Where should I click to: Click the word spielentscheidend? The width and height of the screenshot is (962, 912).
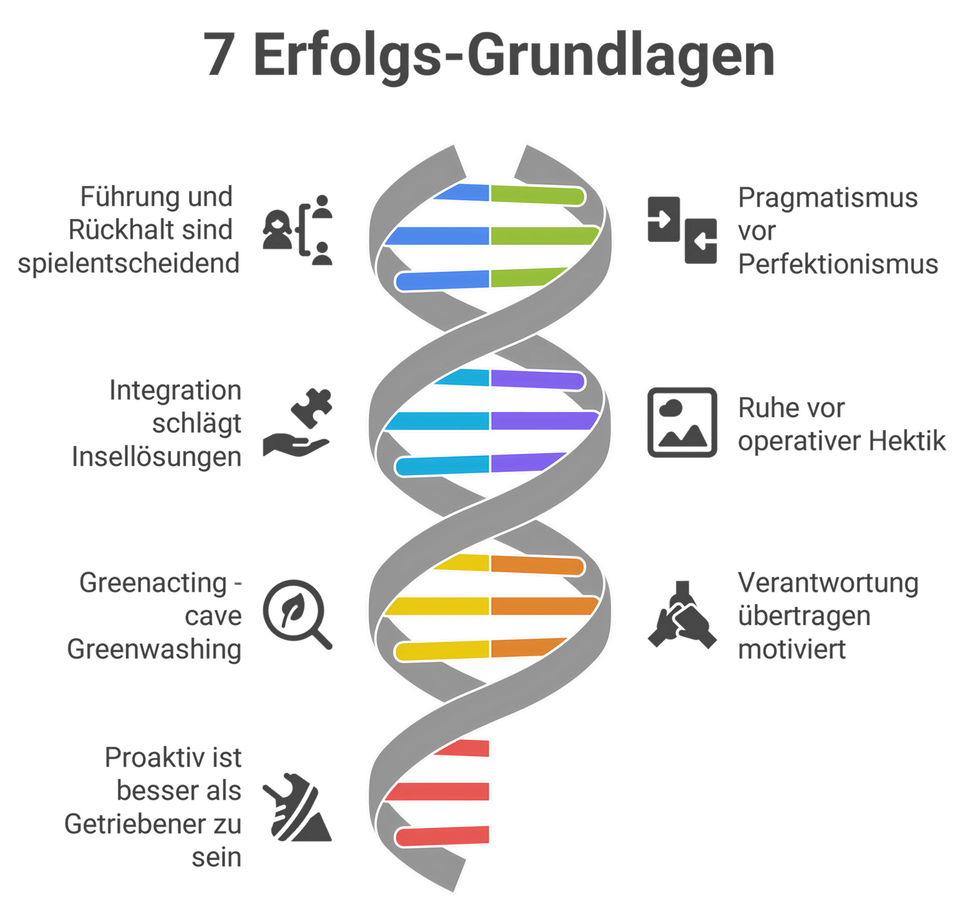coord(129,263)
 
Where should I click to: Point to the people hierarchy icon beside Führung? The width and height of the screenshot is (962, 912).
coord(298,230)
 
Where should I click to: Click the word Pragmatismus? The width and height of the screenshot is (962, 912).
coord(828,198)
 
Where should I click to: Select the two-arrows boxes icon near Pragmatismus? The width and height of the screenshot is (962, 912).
coord(682,230)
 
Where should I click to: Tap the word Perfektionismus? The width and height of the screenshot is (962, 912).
coord(838,264)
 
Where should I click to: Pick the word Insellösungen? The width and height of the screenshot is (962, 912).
coord(156,457)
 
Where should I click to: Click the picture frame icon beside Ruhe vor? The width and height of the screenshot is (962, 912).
coord(682,422)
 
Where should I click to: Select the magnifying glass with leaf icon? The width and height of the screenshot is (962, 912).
coord(297,614)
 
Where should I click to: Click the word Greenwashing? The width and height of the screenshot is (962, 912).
coord(154,649)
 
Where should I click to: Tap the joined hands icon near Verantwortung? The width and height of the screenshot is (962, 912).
coord(682,615)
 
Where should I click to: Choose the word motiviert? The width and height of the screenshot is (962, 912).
coord(792,649)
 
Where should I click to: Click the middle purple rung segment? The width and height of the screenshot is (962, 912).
coord(544,421)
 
